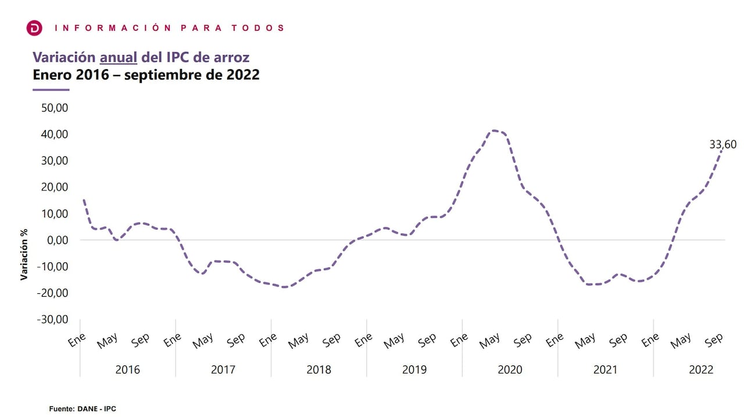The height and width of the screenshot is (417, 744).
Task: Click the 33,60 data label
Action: [723, 145]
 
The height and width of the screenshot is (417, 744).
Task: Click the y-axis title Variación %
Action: [24, 254]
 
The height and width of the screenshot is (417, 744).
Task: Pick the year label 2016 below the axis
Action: [127, 369]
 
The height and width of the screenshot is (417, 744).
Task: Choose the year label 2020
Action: [510, 369]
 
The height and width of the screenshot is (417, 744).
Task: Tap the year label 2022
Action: [700, 369]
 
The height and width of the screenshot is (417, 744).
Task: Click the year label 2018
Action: [319, 369]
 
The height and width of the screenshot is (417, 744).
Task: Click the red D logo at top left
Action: [35, 28]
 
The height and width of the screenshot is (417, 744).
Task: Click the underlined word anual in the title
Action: [119, 57]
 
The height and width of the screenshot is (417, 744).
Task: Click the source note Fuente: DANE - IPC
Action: [83, 409]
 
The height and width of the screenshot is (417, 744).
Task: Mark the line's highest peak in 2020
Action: [494, 131]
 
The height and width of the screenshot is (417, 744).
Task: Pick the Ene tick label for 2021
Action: [555, 340]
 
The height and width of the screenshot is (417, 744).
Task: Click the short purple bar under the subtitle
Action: [51, 90]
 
